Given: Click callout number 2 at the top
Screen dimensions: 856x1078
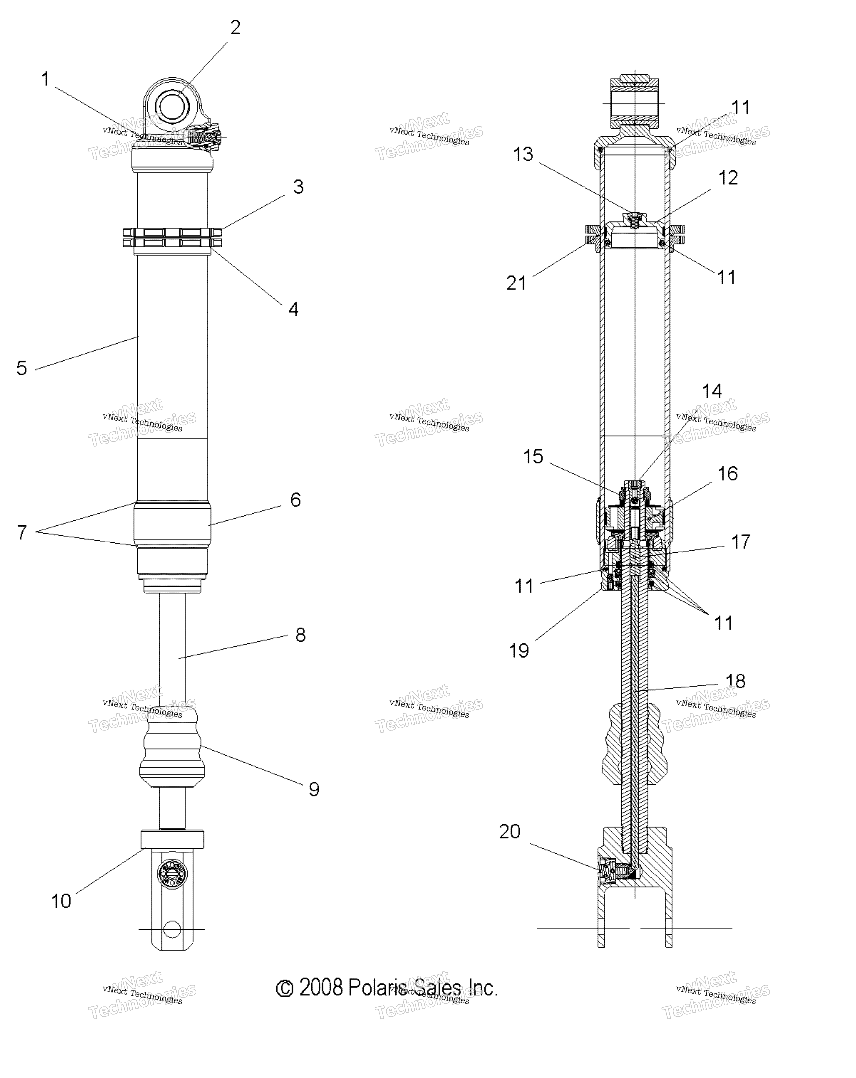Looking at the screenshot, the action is (235, 28).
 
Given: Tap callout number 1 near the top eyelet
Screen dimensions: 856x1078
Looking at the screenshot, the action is (45, 79).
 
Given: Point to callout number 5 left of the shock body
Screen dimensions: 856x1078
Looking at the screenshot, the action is (21, 369).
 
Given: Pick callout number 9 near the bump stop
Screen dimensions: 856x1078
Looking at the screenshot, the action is (314, 789).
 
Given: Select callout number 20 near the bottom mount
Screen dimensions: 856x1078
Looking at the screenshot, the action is (510, 832).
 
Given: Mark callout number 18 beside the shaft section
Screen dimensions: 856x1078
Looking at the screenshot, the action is (735, 681).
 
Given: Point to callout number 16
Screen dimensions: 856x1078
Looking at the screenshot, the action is (728, 474).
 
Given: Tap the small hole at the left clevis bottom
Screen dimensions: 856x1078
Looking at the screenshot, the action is (172, 929).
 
